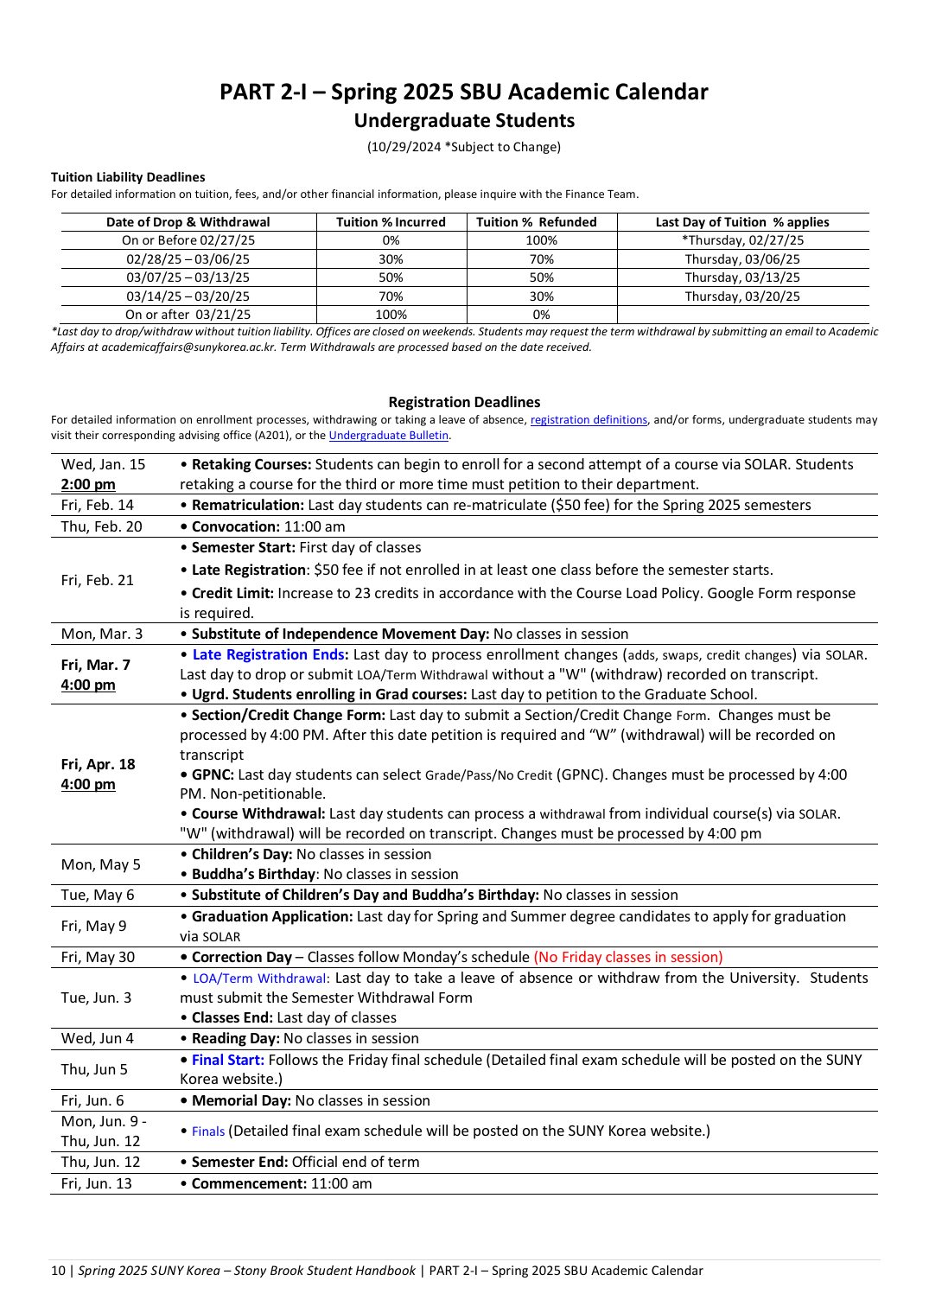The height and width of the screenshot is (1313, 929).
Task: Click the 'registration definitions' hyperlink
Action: coord(589,420)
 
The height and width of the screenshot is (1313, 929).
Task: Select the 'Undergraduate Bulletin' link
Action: coord(389,436)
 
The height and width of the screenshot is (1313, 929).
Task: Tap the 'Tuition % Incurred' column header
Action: coord(391,222)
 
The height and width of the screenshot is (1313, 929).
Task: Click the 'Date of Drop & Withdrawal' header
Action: coord(188,222)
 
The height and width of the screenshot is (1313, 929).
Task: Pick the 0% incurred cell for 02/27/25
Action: coord(391,240)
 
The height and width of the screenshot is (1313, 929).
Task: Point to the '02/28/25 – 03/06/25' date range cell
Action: coord(188,259)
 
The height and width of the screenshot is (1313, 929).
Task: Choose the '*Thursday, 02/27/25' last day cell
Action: coord(742,240)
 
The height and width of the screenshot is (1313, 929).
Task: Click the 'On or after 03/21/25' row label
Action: coord(188,315)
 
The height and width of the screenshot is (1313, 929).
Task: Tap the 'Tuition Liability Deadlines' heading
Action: coord(128,177)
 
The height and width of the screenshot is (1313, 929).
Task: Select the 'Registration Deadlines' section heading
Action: coord(464,402)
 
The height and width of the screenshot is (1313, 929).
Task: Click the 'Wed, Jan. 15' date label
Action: coord(103,464)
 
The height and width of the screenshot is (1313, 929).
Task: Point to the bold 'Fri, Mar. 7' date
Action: coord(96,665)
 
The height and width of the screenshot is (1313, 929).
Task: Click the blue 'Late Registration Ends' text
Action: coord(269,654)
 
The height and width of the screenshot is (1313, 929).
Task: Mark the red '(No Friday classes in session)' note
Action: coord(628,957)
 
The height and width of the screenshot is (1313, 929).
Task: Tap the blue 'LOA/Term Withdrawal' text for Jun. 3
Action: coord(259,978)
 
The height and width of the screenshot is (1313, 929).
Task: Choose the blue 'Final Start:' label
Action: coord(228,1060)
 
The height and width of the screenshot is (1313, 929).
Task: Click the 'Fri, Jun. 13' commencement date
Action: coord(97,1183)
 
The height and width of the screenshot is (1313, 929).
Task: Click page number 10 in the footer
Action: coord(58,1271)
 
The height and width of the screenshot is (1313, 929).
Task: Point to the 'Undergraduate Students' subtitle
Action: coord(464,121)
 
